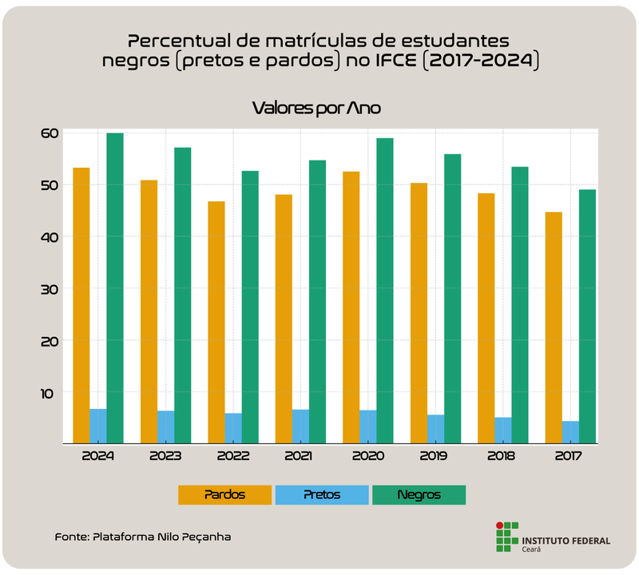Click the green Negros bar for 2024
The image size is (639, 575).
coord(115,287)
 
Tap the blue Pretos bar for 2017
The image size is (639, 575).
coord(570,431)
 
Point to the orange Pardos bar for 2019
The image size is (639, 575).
coord(419,312)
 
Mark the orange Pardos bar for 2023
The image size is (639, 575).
coord(149,311)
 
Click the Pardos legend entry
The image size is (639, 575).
coord(224,495)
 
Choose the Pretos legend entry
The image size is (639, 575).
coord(322,495)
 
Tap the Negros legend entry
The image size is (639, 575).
coord(419,495)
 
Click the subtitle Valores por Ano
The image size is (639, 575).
coord(319,108)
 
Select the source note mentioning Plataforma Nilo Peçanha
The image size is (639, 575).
coord(143,537)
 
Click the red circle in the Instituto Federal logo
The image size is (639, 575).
coord(500,525)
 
